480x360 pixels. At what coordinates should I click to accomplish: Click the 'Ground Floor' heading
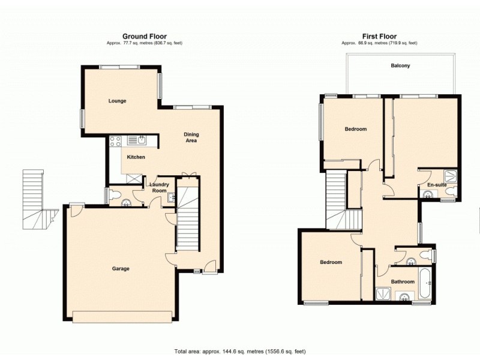point(145,36)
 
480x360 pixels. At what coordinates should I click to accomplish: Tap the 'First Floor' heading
point(379,36)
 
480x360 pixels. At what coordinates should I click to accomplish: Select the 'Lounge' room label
point(117,101)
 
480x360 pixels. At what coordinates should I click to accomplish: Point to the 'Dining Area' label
point(191,137)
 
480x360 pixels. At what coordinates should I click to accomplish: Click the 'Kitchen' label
point(136,157)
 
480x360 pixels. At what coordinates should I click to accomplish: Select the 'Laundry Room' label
point(158,188)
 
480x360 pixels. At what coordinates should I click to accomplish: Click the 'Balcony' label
point(400,65)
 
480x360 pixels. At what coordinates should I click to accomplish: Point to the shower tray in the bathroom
point(382,294)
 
